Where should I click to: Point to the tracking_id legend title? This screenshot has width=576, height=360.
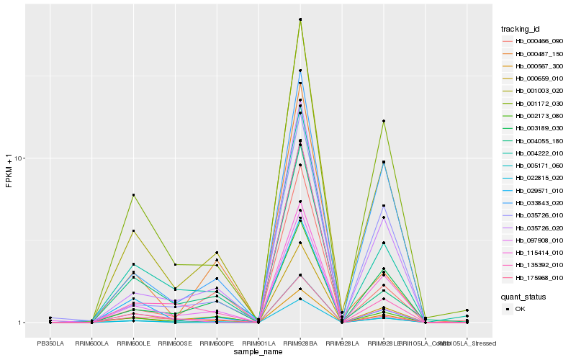click(x=521, y=29)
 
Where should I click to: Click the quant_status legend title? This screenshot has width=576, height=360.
click(x=523, y=296)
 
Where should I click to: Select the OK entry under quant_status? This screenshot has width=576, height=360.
click(x=521, y=309)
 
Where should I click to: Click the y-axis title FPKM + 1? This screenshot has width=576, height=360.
click(x=9, y=171)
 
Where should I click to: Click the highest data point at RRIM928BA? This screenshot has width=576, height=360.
click(x=300, y=19)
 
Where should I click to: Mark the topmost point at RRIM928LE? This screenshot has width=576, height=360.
click(x=384, y=121)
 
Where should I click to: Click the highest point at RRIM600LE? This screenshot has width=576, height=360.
click(x=134, y=195)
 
